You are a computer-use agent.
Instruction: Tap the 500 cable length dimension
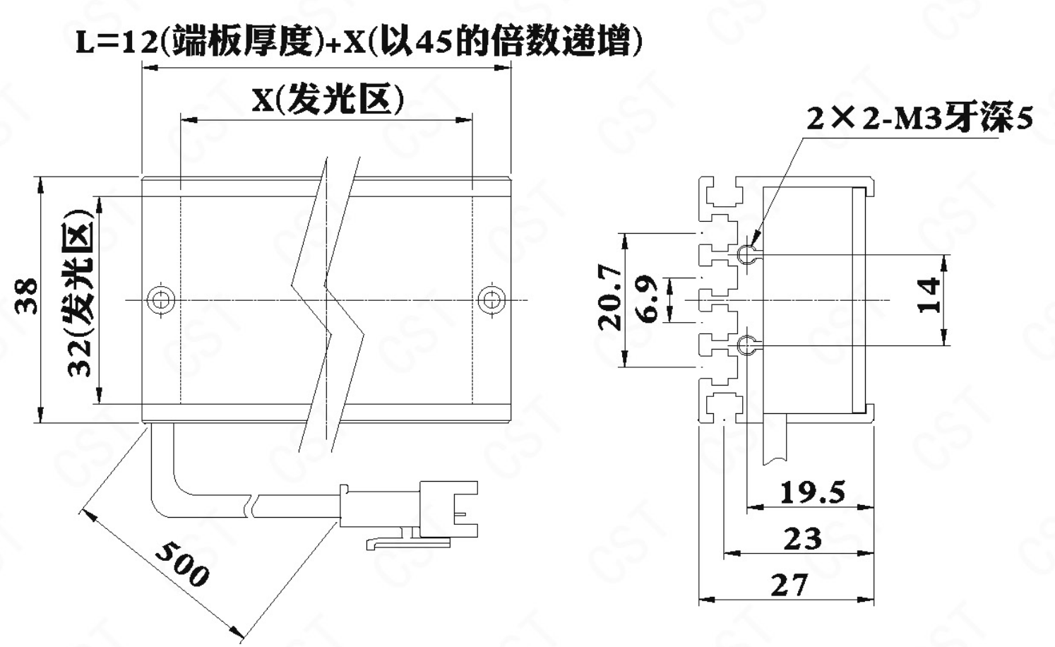point(181,564)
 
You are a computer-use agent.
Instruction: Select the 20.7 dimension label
point(610,297)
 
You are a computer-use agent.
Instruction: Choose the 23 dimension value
point(803,539)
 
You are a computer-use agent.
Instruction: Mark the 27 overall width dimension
point(789,586)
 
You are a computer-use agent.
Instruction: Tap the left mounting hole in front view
point(160,299)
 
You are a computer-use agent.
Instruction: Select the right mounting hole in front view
point(491,299)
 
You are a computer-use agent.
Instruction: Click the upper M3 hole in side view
point(746,255)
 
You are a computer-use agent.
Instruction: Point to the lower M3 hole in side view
point(746,345)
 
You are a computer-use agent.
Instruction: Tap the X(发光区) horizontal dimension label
point(328,100)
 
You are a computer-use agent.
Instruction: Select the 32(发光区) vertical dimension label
point(79,292)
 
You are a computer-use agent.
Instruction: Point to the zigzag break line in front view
point(328,304)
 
